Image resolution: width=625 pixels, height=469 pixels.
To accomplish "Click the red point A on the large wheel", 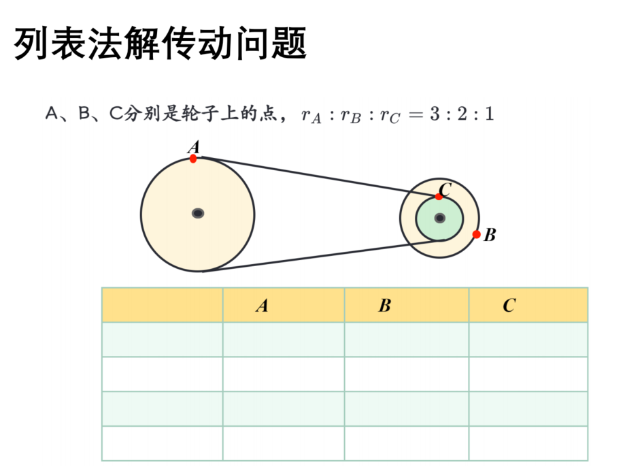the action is [193, 159].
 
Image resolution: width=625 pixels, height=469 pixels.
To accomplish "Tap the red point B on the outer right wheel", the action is [476, 234].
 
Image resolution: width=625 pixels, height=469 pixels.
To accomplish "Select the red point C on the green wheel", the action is [439, 197].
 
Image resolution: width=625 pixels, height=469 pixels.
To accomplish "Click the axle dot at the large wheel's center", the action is [198, 213].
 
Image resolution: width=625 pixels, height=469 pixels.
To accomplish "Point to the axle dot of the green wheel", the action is [439, 218].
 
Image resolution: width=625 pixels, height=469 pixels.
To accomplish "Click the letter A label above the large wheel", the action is [194, 147].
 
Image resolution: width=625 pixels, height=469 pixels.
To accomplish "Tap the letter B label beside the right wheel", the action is [490, 235].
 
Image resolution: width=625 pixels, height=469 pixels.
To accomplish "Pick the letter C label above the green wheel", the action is [445, 189].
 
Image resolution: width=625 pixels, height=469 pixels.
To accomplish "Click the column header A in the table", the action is [263, 306].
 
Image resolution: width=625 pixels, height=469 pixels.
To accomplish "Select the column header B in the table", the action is [385, 306].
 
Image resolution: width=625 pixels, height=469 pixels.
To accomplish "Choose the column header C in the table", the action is [509, 306].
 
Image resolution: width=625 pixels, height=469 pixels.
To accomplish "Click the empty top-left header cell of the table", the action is [163, 305].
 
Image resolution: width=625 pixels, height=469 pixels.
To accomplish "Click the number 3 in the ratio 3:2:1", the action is [435, 114].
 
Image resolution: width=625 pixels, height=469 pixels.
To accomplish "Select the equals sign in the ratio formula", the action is [416, 115].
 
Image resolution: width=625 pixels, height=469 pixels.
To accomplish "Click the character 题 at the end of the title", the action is [290, 43].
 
